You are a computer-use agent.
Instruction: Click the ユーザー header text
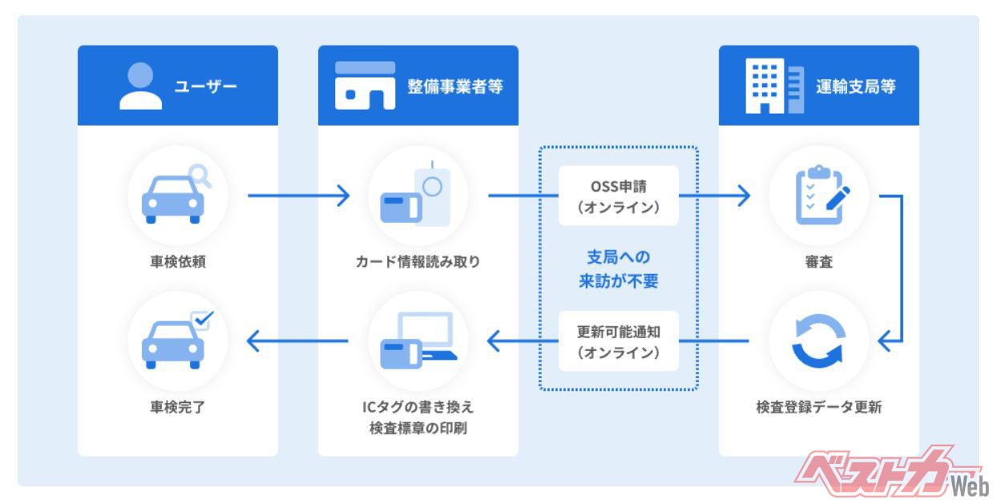[x=206, y=86]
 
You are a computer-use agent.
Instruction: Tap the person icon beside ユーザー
[x=140, y=86]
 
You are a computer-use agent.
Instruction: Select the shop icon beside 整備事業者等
[x=365, y=86]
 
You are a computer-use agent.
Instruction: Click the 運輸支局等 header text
[x=855, y=86]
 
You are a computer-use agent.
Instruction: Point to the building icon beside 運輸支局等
[x=773, y=86]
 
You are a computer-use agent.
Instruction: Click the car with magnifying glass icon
[x=177, y=196]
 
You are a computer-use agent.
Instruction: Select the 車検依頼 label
[x=177, y=261]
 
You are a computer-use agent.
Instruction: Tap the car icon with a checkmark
[x=177, y=341]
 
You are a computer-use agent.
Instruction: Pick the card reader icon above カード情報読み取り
[x=418, y=196]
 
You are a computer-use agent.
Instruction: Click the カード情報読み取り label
[x=418, y=261]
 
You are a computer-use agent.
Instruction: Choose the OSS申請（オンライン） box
[x=618, y=196]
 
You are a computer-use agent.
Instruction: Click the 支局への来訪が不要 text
[x=618, y=269]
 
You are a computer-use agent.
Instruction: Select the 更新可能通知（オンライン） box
[x=618, y=341]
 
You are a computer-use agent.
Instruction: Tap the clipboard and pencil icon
[x=818, y=196]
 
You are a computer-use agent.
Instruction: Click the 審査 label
[x=818, y=261]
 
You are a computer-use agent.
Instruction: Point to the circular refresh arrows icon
[x=818, y=341]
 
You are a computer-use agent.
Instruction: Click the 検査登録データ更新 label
[x=818, y=407]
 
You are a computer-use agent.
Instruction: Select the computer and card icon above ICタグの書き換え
[x=418, y=341]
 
